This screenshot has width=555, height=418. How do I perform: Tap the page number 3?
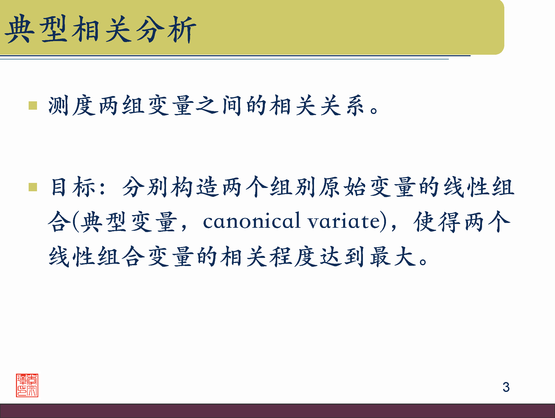[506, 387]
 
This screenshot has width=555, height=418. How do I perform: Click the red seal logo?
[27, 385]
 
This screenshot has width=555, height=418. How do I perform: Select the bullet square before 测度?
[33, 106]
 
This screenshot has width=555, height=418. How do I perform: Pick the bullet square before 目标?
[33, 187]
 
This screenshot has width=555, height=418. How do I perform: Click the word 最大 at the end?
[393, 257]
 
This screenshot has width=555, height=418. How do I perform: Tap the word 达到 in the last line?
[342, 257]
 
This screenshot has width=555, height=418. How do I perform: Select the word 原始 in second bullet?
[342, 187]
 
